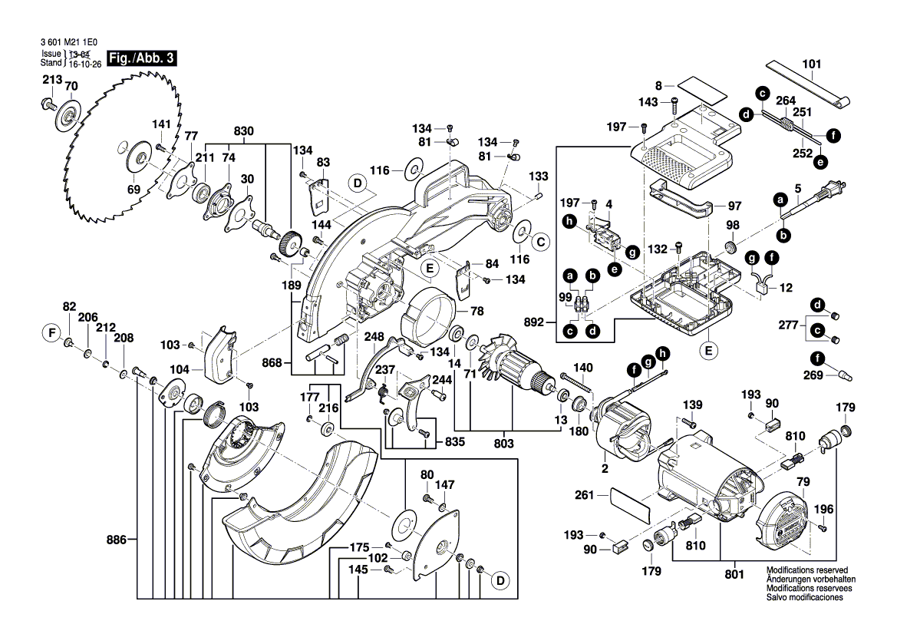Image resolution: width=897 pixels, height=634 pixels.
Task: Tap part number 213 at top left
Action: [52, 80]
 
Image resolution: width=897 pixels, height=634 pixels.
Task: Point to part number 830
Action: [243, 131]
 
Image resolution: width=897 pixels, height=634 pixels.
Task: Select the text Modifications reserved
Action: [802, 571]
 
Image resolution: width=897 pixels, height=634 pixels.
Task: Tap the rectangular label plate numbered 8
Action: [702, 88]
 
